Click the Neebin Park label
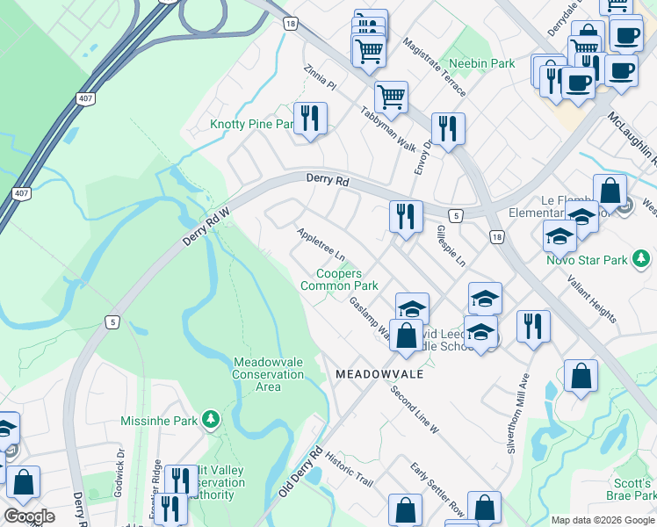click(x=481, y=64)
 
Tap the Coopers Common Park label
click(x=339, y=280)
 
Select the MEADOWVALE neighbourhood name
click(x=379, y=374)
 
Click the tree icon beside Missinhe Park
click(x=210, y=421)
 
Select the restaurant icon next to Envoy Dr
click(x=448, y=128)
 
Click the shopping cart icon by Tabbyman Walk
click(x=391, y=96)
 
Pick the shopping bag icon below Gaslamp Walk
click(x=406, y=336)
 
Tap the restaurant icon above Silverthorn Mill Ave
click(x=533, y=326)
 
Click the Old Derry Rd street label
click(x=301, y=473)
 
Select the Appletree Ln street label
click(x=321, y=245)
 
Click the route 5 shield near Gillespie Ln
click(x=455, y=215)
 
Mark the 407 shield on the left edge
click(x=20, y=192)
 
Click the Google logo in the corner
click(x=29, y=516)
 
